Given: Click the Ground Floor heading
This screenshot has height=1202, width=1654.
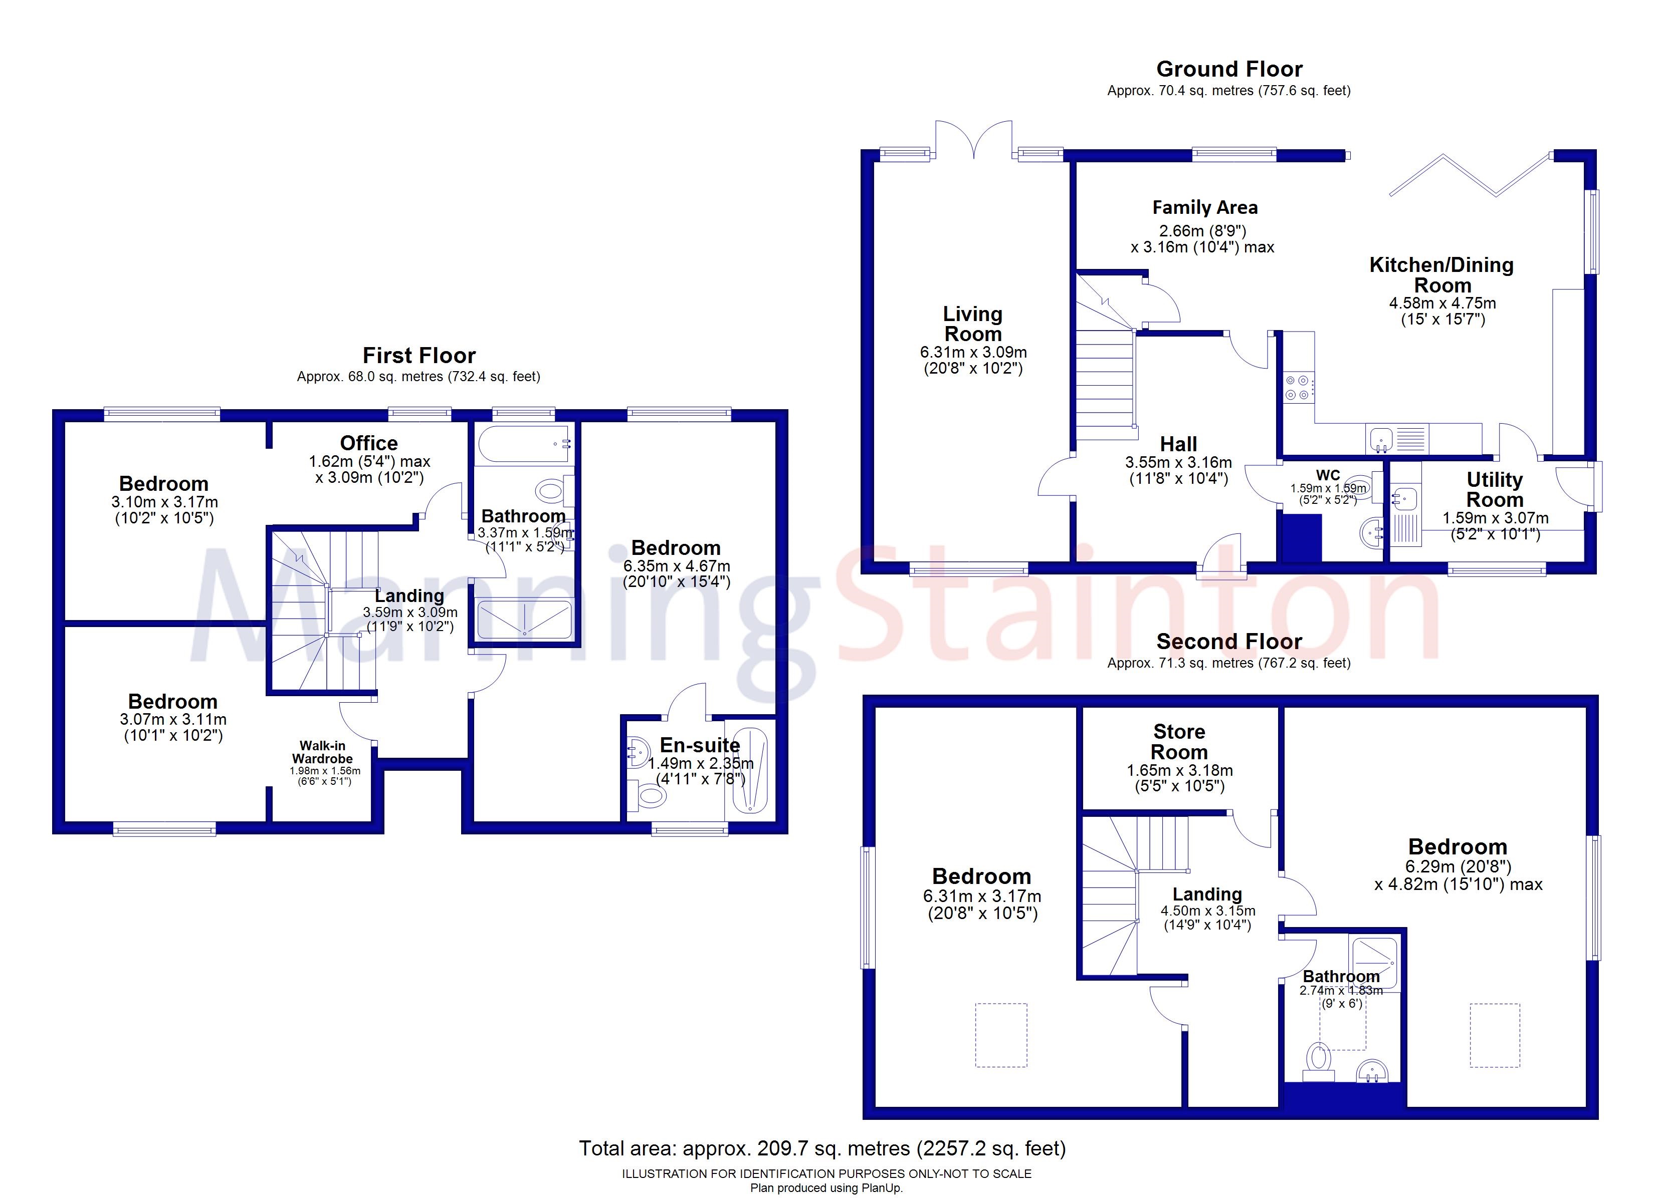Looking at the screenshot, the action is pyautogui.click(x=1229, y=69).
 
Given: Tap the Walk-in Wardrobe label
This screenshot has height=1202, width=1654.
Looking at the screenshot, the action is pyautogui.click(x=322, y=752).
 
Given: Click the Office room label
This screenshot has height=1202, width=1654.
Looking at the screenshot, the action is pyautogui.click(x=369, y=443).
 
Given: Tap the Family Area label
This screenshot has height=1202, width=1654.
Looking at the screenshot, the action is pyautogui.click(x=1205, y=208).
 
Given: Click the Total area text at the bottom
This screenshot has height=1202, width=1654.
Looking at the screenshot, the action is pyautogui.click(x=822, y=1149).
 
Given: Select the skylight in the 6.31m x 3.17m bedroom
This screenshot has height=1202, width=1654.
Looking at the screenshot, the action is pyautogui.click(x=1001, y=1035).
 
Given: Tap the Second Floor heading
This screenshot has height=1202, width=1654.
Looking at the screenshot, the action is pyautogui.click(x=1229, y=642).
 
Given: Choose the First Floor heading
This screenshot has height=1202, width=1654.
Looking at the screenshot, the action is pyautogui.click(x=420, y=356).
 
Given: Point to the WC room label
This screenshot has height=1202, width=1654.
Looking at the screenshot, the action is pyautogui.click(x=1328, y=475).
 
